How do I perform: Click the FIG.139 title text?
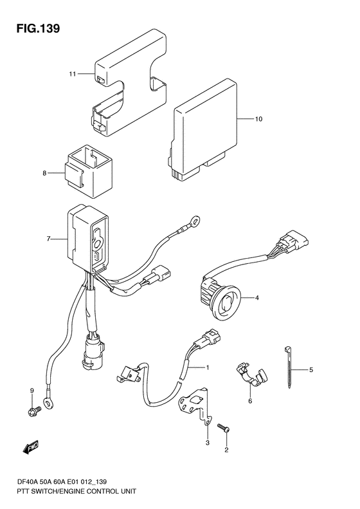(x=38, y=28)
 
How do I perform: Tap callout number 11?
(x=72, y=74)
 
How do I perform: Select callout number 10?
(x=258, y=119)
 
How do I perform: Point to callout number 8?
(x=44, y=173)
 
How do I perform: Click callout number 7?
(x=48, y=239)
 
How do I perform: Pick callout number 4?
(x=256, y=297)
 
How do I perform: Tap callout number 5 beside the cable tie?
(x=310, y=369)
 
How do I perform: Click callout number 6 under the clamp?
(x=250, y=402)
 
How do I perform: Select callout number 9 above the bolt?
(x=32, y=391)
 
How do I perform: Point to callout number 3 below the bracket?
(x=207, y=443)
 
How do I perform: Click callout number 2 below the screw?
(x=226, y=450)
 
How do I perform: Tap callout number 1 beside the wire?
(x=207, y=367)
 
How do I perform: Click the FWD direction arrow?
(x=31, y=447)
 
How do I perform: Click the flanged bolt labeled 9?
(x=33, y=412)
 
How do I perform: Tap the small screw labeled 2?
(x=224, y=427)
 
